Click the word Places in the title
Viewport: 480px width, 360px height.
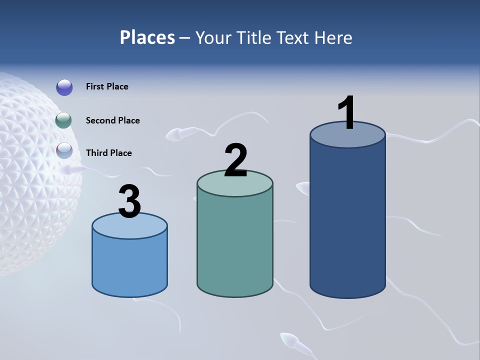147,37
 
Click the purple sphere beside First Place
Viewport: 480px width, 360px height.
64,87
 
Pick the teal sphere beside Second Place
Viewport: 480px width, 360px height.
64,120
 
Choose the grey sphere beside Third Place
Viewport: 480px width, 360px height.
64,150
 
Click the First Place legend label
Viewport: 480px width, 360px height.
107,86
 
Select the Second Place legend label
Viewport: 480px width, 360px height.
112,120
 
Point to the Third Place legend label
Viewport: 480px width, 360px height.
108,153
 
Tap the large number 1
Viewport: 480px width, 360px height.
347,113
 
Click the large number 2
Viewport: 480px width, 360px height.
235,160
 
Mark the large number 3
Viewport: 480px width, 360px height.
129,202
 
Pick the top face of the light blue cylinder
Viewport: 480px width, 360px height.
129,226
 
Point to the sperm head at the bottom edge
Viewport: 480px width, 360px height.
289,340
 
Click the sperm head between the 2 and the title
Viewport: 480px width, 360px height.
174,134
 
